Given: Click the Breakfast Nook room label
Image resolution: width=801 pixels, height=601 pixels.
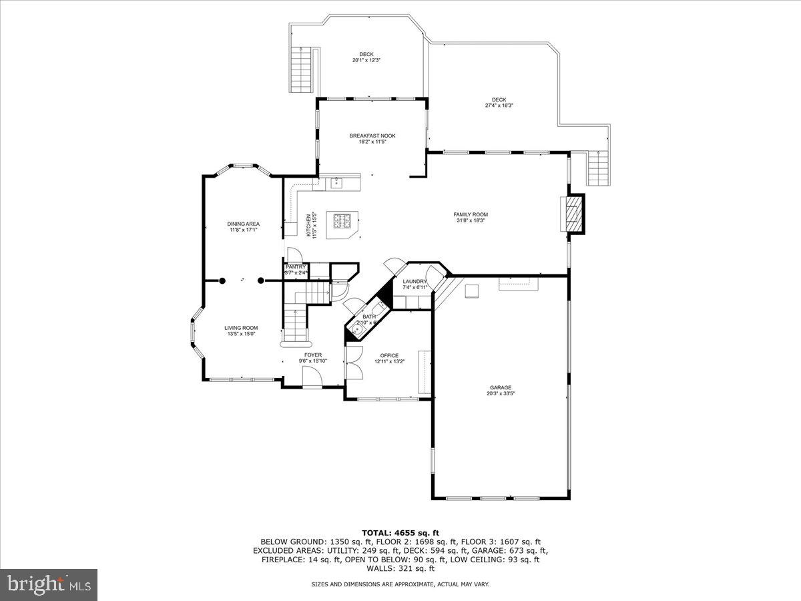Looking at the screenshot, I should coord(372,136).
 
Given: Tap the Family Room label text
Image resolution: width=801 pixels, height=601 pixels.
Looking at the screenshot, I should coord(471,214).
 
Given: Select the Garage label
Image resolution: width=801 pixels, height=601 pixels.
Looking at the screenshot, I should coord(500,387).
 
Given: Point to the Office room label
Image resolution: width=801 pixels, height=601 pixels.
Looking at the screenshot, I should coord(389,355).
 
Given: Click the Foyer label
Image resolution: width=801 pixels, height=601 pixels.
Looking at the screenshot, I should coord(313,355).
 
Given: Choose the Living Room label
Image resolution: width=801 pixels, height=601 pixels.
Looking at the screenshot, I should coord(241,328).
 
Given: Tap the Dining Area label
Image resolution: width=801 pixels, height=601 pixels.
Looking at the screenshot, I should coord(243,224).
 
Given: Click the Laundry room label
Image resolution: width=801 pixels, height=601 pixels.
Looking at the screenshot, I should coord(415,282).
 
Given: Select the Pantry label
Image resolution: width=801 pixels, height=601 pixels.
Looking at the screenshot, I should coord(295,266).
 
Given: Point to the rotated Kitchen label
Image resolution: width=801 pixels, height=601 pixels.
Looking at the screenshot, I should coord(308,226).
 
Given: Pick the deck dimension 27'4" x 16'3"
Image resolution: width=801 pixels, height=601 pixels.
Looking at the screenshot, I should coord(499,106).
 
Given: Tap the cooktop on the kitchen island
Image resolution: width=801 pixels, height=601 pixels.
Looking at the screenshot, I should coord(342,220).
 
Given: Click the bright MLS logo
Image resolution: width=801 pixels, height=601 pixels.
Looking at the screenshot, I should coord(49,585).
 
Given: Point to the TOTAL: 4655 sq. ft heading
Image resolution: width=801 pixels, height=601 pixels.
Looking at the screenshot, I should coord(400,532).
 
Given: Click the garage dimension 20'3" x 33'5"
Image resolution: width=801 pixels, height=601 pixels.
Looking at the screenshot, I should coord(500,394).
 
